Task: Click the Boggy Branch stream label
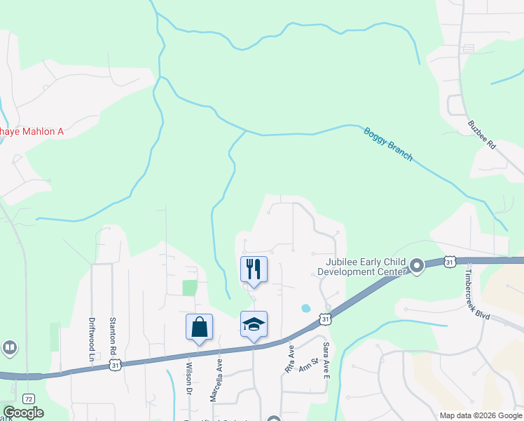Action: (x=388, y=144)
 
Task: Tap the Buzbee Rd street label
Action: (x=482, y=135)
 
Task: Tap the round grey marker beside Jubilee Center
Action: (x=417, y=265)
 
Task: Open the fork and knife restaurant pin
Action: (x=254, y=269)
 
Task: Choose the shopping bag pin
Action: (x=199, y=327)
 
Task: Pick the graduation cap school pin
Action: (x=254, y=324)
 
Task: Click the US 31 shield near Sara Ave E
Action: (x=326, y=319)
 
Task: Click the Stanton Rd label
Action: (x=113, y=335)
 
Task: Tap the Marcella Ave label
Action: (x=217, y=380)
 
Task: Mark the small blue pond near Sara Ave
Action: (x=305, y=308)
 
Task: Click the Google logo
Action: (x=23, y=413)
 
